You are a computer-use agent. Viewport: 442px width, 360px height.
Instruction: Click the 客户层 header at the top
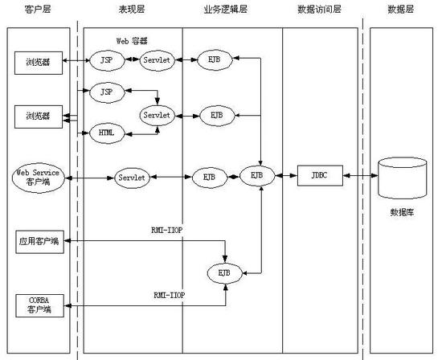pos(38,10)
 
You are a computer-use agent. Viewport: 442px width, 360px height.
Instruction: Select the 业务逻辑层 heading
pos(226,10)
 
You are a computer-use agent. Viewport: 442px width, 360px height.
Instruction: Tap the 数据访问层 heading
pos(319,10)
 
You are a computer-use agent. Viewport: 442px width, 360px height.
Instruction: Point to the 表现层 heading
pos(131,10)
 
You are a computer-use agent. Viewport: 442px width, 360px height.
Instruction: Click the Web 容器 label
pos(132,41)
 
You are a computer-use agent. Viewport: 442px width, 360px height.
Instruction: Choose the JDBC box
pos(320,176)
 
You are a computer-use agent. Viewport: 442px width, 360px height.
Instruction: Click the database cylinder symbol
pos(403,178)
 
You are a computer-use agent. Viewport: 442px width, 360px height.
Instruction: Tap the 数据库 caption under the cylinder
pos(403,212)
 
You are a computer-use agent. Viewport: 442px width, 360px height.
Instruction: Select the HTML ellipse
pos(107,133)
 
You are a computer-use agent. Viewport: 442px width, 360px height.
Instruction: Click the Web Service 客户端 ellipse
pos(39,178)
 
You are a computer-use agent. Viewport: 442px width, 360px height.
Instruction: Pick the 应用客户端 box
pos(39,242)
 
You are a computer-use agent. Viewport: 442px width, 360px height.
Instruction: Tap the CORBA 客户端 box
pos(39,306)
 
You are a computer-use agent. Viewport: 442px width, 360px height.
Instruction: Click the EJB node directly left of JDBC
pos(257,176)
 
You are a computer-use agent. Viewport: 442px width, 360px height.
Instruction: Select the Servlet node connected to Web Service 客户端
pos(132,178)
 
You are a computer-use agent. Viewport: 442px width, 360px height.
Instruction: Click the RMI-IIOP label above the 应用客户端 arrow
pos(167,231)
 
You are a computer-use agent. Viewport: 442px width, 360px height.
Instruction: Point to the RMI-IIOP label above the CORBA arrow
pos(170,295)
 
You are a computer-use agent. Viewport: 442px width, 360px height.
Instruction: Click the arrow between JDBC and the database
pos(361,176)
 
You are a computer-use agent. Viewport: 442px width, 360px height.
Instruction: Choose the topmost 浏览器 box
pos(39,63)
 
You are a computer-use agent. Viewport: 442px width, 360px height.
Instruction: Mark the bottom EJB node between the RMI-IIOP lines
pos(225,273)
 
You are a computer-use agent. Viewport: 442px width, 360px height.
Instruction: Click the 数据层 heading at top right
pos(400,10)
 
